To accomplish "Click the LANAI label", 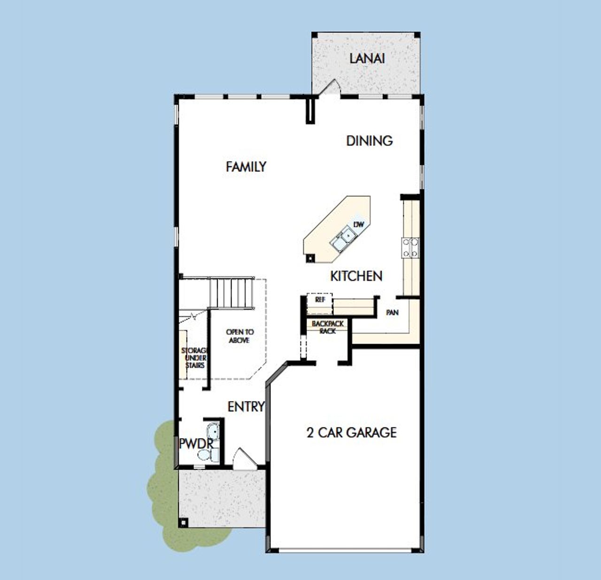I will pyautogui.click(x=367, y=59).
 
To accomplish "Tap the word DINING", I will pyautogui.click(x=370, y=140).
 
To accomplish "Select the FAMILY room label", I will pyautogui.click(x=246, y=167).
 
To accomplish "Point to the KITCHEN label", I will pyautogui.click(x=356, y=276).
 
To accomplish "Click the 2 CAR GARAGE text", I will pyautogui.click(x=352, y=432).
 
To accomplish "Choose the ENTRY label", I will pyautogui.click(x=246, y=407).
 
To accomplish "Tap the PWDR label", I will pyautogui.click(x=196, y=443).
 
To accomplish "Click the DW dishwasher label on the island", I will pyautogui.click(x=359, y=225).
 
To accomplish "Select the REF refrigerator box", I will pyautogui.click(x=320, y=300).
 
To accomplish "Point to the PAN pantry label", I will pyautogui.click(x=392, y=312).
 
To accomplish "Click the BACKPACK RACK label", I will pyautogui.click(x=328, y=327).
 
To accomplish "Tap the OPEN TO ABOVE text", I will pyautogui.click(x=240, y=336).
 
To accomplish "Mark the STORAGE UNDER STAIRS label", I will pyautogui.click(x=194, y=358).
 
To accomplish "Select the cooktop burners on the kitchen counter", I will pyautogui.click(x=410, y=247).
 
